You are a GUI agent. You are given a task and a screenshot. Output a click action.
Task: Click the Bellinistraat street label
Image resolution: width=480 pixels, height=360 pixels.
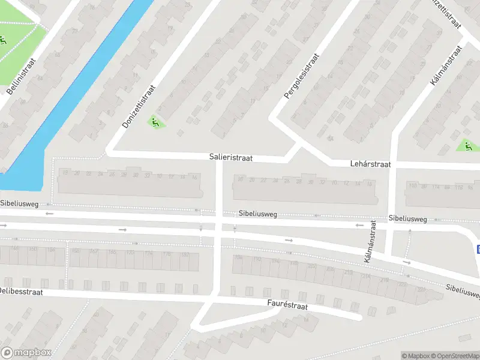pos(22,76)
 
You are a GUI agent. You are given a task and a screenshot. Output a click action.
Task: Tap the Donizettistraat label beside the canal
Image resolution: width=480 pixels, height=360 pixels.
pos(139,106)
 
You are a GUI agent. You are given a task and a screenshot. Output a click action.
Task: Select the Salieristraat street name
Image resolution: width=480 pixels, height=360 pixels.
pos(231,157)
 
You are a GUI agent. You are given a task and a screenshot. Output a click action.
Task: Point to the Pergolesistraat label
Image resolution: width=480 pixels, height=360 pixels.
pos(302,76)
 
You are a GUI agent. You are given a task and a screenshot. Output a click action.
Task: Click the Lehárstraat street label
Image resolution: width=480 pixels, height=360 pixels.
pos(370,163)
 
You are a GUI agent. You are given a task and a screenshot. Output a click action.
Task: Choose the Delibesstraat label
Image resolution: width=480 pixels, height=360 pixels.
pos(22,290)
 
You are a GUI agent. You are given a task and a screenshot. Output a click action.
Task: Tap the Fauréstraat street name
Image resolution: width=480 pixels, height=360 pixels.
pos(287,305)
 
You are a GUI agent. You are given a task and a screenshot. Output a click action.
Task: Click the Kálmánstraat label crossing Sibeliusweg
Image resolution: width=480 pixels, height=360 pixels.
pos(370,241)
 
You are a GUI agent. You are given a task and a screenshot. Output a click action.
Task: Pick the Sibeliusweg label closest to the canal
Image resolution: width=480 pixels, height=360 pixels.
pos(19,204)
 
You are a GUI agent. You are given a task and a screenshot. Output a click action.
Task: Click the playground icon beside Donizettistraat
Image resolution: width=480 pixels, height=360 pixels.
pos(155,122)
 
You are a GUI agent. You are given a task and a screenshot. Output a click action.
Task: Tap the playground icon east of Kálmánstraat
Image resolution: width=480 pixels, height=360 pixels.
pos(466,145)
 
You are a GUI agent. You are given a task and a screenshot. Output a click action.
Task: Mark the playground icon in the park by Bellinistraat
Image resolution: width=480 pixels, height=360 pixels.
pos(3,41)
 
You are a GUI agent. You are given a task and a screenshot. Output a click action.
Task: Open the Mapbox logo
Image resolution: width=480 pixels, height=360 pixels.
pos(26,353)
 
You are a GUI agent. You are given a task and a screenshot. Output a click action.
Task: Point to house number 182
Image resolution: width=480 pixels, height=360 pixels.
pos(185,255)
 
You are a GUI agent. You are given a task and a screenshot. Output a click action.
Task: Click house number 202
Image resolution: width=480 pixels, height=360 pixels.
pos(311,266)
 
